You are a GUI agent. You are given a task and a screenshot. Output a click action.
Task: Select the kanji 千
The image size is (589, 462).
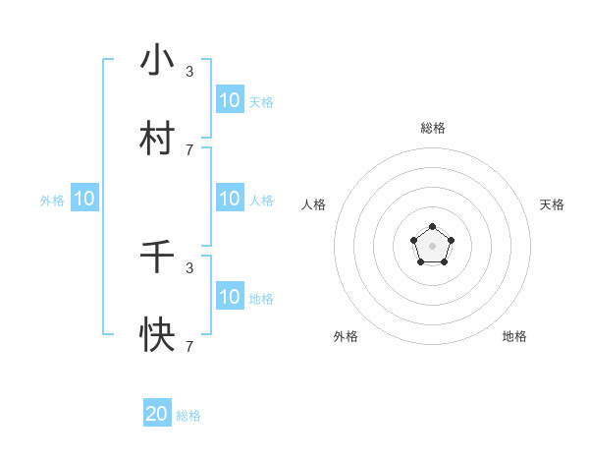[157, 258]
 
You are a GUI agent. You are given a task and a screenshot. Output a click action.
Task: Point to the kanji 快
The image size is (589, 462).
[157, 336]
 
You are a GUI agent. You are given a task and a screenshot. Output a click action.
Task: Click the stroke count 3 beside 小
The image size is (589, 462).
[189, 71]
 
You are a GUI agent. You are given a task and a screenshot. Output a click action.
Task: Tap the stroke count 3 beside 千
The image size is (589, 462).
[189, 267]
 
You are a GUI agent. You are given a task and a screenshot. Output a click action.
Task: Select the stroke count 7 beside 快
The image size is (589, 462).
[189, 346]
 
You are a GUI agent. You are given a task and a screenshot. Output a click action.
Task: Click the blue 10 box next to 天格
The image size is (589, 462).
[230, 100]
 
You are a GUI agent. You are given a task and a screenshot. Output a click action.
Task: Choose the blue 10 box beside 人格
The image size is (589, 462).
[230, 199]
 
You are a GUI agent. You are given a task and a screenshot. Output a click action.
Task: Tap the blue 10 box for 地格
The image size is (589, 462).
[230, 297]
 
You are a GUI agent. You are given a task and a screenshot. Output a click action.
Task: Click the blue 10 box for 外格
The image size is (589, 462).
[84, 199]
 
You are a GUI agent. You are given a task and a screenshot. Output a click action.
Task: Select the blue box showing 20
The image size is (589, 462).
[157, 414]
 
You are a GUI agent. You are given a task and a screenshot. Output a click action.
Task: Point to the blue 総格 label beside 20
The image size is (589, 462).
[188, 416]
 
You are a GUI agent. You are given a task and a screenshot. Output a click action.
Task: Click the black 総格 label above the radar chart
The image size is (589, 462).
[433, 128]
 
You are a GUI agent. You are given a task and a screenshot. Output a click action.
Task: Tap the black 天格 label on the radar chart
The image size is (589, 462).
[552, 204]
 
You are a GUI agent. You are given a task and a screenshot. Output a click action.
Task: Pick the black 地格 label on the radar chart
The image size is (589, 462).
[514, 336]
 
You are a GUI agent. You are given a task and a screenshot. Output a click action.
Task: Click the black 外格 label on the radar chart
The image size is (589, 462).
[346, 336]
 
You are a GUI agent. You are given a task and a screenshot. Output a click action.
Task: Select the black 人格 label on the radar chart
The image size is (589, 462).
[314, 204]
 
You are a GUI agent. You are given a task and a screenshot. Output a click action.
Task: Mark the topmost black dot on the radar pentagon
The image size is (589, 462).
[433, 227]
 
